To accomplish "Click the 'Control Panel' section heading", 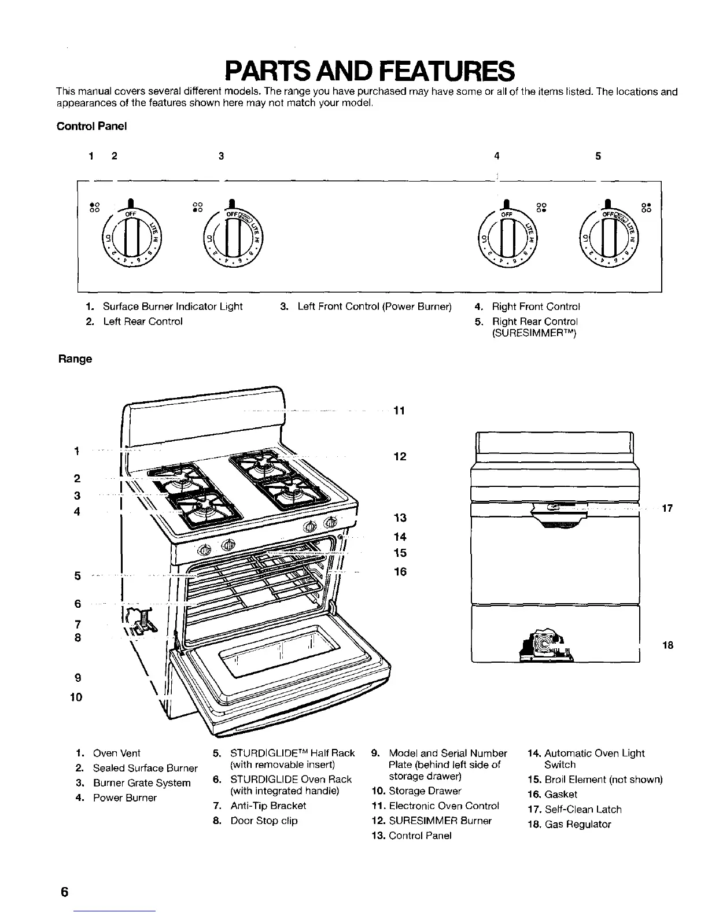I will coord(91,126).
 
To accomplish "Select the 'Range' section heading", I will coord(75,359).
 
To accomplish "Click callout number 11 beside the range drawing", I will coord(399,411).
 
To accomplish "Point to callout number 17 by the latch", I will coord(667,509).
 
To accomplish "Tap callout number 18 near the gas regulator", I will coord(668,645).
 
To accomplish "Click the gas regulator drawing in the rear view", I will coord(546,644).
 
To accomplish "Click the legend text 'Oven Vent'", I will coord(116,754).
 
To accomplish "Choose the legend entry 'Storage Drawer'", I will coord(425,791).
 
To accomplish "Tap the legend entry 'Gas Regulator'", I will coord(577,825).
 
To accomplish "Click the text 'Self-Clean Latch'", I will coord(582,810).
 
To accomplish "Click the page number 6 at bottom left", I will coord(64,892).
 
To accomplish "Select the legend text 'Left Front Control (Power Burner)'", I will coord(374,306).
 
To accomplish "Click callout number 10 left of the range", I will coord(76,697).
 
